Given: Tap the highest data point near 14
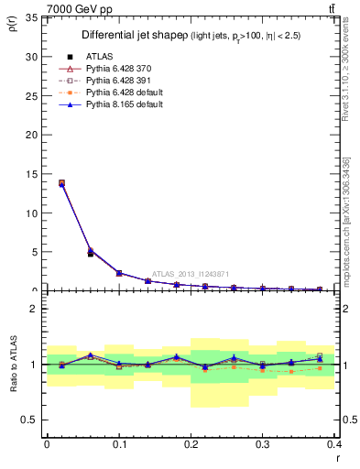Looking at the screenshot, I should (x=61, y=182).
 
